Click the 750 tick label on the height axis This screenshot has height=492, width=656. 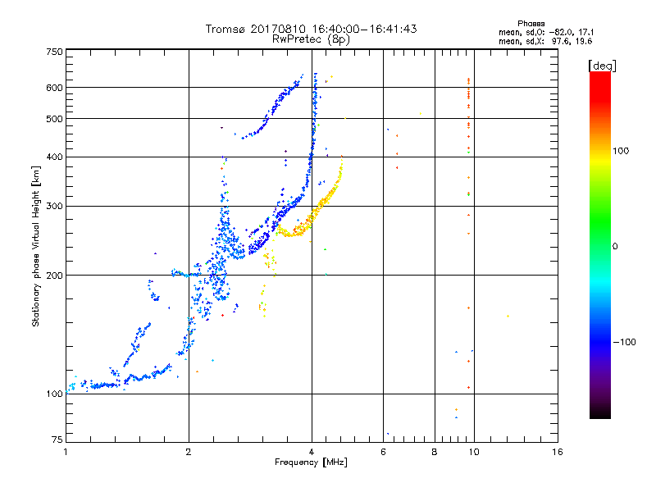54,52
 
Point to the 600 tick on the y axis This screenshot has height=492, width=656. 54,88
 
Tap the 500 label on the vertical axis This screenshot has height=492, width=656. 54,119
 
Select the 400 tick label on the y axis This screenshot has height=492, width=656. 54,157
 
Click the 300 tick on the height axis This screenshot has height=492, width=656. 54,206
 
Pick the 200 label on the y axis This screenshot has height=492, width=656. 54,276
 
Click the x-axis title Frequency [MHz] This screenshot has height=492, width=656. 311,463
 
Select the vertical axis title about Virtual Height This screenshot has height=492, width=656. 36,247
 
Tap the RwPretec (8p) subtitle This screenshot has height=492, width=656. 311,39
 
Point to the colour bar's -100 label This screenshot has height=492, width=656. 626,342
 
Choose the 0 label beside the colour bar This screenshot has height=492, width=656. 617,246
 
